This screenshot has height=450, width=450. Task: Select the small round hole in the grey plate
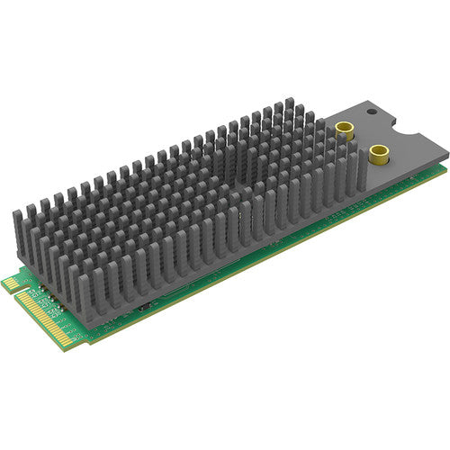[370, 114]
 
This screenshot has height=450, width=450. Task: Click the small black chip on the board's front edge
[144, 307]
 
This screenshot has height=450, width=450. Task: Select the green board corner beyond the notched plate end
[445, 163]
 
